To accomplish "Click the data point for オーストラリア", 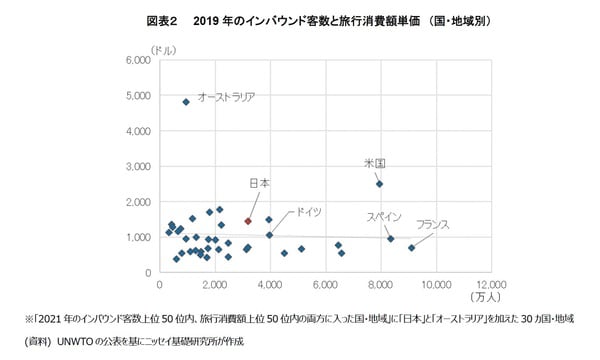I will [186, 102].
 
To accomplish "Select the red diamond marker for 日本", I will [247, 220].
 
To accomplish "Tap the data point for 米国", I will [379, 184].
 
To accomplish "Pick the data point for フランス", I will [411, 248].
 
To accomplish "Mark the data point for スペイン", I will [390, 239].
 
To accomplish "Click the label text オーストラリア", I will [226, 97].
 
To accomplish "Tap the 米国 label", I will [375, 162].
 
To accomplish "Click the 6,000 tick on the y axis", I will [137, 61].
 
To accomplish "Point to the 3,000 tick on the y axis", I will [137, 167].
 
